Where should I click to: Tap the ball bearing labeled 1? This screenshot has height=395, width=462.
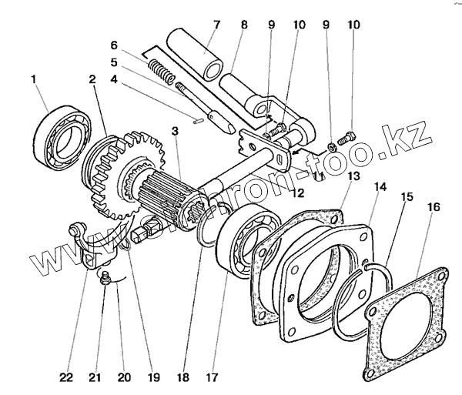click(x=62, y=137)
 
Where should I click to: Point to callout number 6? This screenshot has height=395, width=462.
click(x=113, y=45)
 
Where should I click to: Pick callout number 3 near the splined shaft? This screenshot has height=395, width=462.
click(x=176, y=132)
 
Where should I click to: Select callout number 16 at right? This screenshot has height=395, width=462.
click(x=434, y=207)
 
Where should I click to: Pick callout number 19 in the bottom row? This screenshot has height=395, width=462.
click(x=154, y=378)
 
